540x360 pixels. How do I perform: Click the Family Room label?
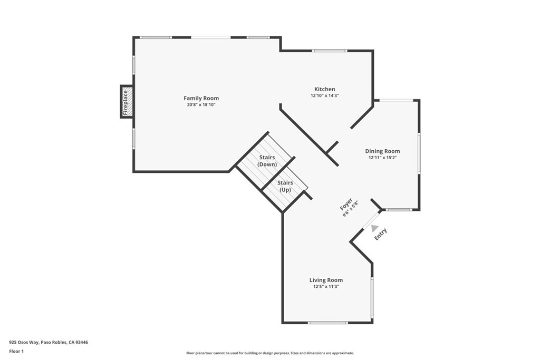pos(201,98)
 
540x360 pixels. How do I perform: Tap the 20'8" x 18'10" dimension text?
pos(201,105)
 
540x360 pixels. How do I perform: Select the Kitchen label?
pos(324,89)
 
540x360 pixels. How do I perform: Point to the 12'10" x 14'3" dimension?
pos(324,96)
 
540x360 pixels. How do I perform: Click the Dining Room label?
pos(382,151)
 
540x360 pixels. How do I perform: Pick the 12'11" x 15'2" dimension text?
pos(382,158)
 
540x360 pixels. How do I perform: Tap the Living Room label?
pos(326,280)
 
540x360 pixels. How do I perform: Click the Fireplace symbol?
pos(127,102)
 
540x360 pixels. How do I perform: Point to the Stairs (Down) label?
pos(267,161)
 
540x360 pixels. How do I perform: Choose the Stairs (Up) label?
pos(285,186)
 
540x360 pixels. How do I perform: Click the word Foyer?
pos(346,205)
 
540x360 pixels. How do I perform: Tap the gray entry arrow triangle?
pos(374,228)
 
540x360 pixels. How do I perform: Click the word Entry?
pos(381,234)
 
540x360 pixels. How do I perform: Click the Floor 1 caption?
pos(17,351)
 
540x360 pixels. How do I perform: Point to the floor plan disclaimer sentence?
pos(269,353)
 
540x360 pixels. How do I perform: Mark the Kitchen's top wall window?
pos(329,51)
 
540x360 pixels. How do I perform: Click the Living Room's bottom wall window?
pos(327,323)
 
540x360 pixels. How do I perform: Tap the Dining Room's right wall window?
pos(419,153)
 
